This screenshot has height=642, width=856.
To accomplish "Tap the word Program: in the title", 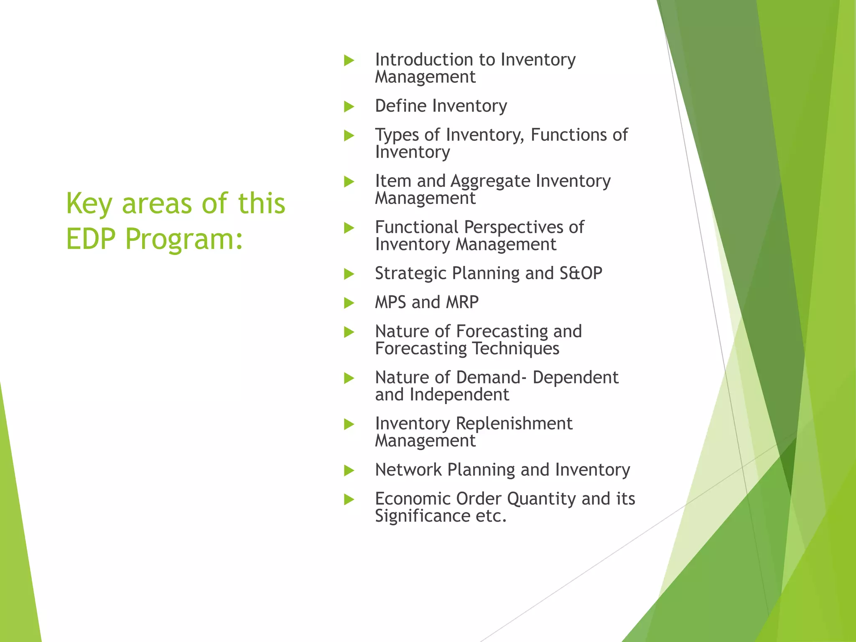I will (x=184, y=239).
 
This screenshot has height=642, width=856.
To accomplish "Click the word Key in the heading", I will (x=89, y=204).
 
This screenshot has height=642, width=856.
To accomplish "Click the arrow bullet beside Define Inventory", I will (x=349, y=107).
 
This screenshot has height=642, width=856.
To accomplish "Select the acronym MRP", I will (x=462, y=302).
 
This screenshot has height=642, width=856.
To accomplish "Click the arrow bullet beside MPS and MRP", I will (x=349, y=303).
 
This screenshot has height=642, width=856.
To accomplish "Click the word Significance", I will (x=423, y=516).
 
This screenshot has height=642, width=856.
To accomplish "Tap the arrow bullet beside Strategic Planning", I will (x=349, y=274).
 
